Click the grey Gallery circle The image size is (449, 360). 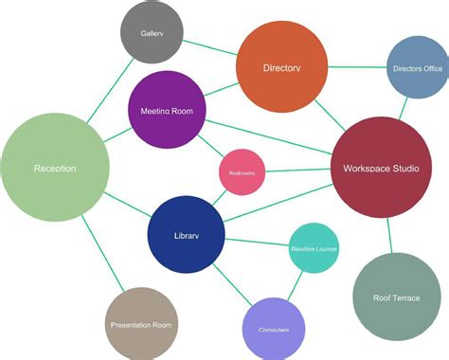[x=152, y=33]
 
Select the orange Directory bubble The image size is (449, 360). [x=281, y=67]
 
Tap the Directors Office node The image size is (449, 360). [x=418, y=68]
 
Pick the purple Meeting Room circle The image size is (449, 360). [x=167, y=110]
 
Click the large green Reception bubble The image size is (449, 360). [x=55, y=168]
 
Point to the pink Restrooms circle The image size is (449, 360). [x=242, y=173]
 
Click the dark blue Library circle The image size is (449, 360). [x=186, y=234]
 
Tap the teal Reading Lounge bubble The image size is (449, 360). [x=314, y=248]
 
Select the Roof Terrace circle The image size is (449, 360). [x=396, y=297]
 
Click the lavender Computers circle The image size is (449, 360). [x=274, y=329]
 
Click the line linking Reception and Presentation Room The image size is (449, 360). [x=102, y=254]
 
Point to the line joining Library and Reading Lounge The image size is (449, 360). [x=256, y=241]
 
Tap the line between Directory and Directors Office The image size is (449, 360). [x=356, y=67]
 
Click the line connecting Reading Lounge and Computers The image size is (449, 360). [x=296, y=285]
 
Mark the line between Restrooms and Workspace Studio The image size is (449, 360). [x=297, y=171]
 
